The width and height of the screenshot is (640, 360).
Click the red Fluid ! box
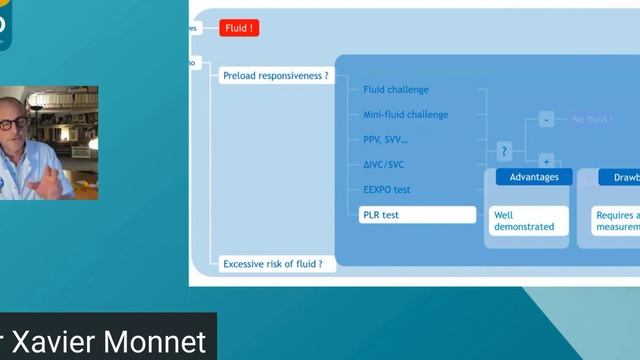tap(240, 28)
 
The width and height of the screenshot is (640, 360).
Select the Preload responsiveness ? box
tap(275, 76)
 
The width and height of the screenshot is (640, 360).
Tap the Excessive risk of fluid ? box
tap(272, 264)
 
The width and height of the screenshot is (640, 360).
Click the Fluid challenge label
tap(396, 90)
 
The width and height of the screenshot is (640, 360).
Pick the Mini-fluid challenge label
tap(405, 115)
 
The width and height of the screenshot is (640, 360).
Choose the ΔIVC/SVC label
tap(384, 165)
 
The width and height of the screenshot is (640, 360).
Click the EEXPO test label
tap(387, 190)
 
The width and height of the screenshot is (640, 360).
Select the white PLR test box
tap(417, 215)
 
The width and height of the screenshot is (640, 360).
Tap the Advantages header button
tap(534, 177)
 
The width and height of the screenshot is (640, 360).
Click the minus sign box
tap(546, 120)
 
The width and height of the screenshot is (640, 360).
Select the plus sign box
tap(546, 160)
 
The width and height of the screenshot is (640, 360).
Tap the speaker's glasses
tap(13, 123)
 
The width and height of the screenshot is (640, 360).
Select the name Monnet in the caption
tap(161, 341)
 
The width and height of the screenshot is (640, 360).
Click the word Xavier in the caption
tap(61, 341)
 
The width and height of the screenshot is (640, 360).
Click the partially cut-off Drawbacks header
tap(619, 177)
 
